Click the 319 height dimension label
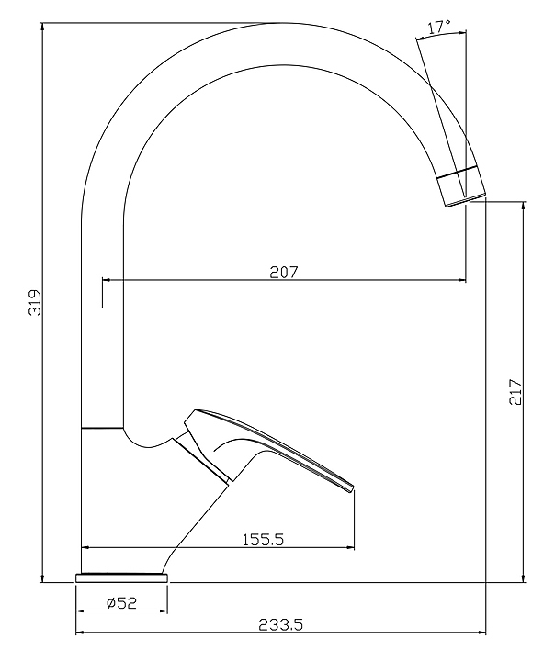(34, 302)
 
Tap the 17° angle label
(439, 28)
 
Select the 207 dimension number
(284, 272)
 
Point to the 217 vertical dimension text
(515, 392)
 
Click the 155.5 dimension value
(263, 539)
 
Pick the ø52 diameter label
(121, 603)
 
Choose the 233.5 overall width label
(280, 624)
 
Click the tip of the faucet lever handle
(352, 488)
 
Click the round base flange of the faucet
(121, 578)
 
